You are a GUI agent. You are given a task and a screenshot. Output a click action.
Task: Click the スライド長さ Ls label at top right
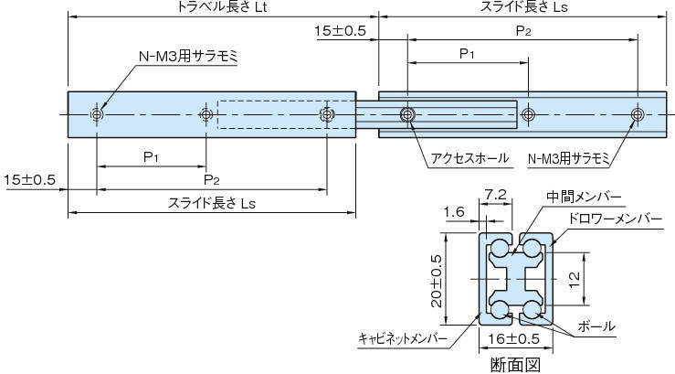(x=528, y=7)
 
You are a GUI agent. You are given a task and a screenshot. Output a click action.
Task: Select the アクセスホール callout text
(x=469, y=158)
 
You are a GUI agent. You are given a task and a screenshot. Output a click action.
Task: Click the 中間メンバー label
(x=585, y=198)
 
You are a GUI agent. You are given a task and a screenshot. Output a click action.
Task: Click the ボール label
(x=596, y=326)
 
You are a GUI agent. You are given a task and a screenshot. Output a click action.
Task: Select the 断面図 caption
(x=516, y=364)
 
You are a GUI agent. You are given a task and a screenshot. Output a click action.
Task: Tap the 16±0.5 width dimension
(x=515, y=337)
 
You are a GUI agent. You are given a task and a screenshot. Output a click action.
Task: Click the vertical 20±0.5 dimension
(x=437, y=279)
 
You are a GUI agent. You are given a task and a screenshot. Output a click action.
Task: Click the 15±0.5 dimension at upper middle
(x=340, y=31)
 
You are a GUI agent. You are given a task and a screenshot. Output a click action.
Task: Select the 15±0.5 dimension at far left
(x=30, y=178)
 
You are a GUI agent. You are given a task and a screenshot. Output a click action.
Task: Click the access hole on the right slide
(x=407, y=114)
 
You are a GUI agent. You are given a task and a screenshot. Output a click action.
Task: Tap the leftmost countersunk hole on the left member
(x=97, y=114)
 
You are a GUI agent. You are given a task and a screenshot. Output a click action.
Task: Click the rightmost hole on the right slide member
(x=637, y=114)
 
